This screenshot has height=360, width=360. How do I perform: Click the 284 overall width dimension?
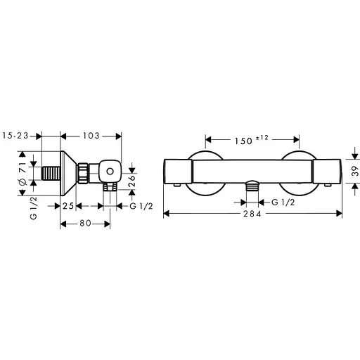(x=253, y=214)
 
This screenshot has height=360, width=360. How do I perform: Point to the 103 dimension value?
(x=92, y=134)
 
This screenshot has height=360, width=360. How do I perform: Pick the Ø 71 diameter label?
(x=22, y=172)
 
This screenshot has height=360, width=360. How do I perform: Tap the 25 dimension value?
(x=67, y=205)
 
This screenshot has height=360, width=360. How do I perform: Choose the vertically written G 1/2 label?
(x=33, y=209)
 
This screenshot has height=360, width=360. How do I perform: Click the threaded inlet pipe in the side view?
(x=50, y=172)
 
